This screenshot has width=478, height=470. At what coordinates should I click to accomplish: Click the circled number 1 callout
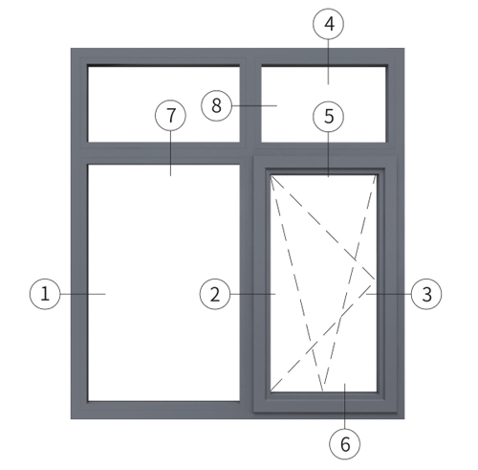(45, 294)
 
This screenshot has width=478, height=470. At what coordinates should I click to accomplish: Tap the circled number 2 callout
(215, 294)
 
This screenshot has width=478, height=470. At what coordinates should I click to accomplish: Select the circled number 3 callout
(426, 294)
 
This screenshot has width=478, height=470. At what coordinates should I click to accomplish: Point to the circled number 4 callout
(329, 24)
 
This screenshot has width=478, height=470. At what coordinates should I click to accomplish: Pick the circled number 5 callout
(329, 117)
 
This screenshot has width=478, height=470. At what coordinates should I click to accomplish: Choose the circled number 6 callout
(345, 444)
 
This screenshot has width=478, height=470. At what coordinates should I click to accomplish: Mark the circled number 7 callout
(170, 115)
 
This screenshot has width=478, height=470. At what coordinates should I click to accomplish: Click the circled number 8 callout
(216, 105)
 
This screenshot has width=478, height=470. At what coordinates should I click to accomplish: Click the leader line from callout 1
(83, 294)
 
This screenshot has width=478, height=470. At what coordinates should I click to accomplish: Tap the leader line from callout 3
(388, 294)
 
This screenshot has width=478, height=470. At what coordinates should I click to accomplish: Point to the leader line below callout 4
(329, 61)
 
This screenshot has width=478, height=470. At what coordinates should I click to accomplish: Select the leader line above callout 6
(345, 406)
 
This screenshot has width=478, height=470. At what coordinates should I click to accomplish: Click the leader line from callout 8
(254, 105)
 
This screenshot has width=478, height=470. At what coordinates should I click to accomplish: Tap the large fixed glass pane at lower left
(163, 282)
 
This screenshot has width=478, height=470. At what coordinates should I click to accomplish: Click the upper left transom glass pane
(163, 104)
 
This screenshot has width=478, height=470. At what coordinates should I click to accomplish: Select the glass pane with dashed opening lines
(323, 282)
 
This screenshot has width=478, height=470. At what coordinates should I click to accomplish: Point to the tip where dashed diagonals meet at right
(375, 280)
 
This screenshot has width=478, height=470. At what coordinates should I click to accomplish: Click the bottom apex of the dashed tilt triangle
(323, 391)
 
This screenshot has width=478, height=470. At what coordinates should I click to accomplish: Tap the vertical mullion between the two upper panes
(250, 104)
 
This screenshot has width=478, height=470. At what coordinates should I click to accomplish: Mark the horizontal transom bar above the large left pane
(163, 153)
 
